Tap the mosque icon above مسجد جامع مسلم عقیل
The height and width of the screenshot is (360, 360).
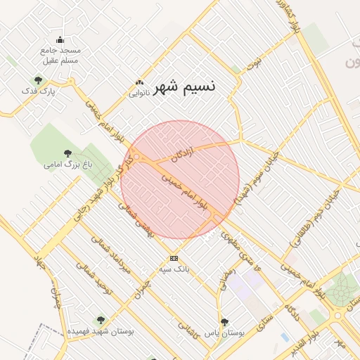click(x=60, y=39)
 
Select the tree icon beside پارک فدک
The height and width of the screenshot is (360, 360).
click(x=38, y=80)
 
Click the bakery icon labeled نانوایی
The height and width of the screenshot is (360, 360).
click(x=139, y=82)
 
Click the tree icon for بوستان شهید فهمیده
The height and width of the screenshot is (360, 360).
click(x=100, y=320)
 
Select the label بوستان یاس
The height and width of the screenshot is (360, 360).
click(x=224, y=333)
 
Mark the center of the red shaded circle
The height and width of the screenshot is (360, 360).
click(x=180, y=179)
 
